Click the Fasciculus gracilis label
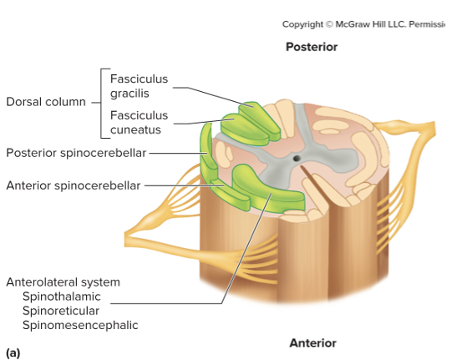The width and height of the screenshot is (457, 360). point(139,86)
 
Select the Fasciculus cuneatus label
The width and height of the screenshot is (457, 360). point(139,123)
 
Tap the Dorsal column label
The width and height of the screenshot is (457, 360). point(46,102)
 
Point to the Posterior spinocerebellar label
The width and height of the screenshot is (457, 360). point(76,153)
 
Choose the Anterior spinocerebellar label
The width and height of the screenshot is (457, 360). point(74,185)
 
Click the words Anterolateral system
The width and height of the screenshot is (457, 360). point(63,282)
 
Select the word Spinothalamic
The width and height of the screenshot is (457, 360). point(61,297)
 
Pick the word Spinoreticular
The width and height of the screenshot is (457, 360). point(61,311)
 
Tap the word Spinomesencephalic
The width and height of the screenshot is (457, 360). point(80,325)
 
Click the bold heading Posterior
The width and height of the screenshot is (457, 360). point(312,47)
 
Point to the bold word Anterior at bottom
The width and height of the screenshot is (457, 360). point(312,343)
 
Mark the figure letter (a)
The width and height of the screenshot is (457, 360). point(13,352)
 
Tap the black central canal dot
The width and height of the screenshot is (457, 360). point(295,158)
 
